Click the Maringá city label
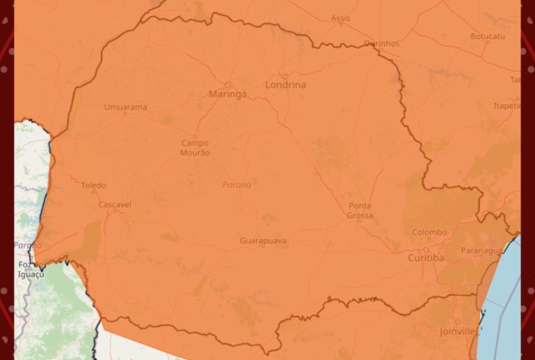point(228,94)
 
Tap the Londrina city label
point(285,85)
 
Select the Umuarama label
point(125,108)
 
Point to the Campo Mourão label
point(195,148)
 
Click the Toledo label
point(94,185)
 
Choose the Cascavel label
point(114,205)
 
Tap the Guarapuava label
point(263,241)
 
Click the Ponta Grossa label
point(359,210)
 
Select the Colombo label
point(429,232)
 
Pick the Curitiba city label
point(426,258)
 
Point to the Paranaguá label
point(481,251)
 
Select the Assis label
point(340,18)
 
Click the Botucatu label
point(488,36)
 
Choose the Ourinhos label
point(382,44)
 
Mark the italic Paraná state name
point(236,185)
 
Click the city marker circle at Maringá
point(228,85)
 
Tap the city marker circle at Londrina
point(285,77)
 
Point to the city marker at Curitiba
point(426,249)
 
